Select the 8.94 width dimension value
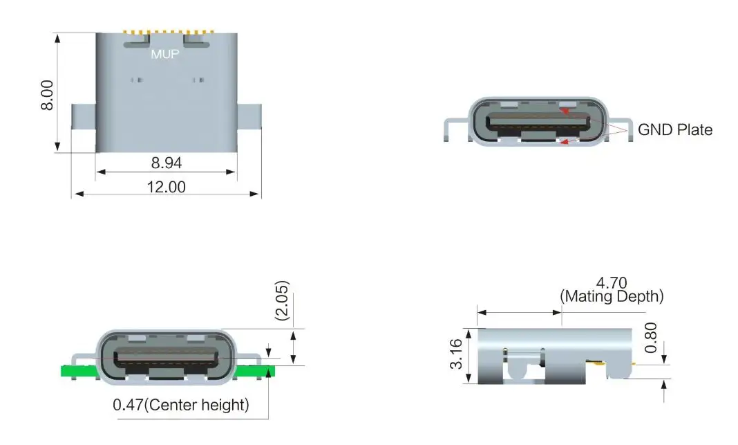coord(166,163)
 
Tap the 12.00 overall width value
coord(166,186)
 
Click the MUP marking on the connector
coord(164,54)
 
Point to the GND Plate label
coord(674,129)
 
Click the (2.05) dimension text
coord(282,301)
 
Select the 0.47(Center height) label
coord(181,404)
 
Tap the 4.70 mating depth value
coord(611,282)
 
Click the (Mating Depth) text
coord(611,296)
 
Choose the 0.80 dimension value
coord(650,336)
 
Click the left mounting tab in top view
coord(83,127)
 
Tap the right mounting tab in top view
coord(249,127)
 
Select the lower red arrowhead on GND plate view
coord(565,143)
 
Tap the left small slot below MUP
coord(137,80)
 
